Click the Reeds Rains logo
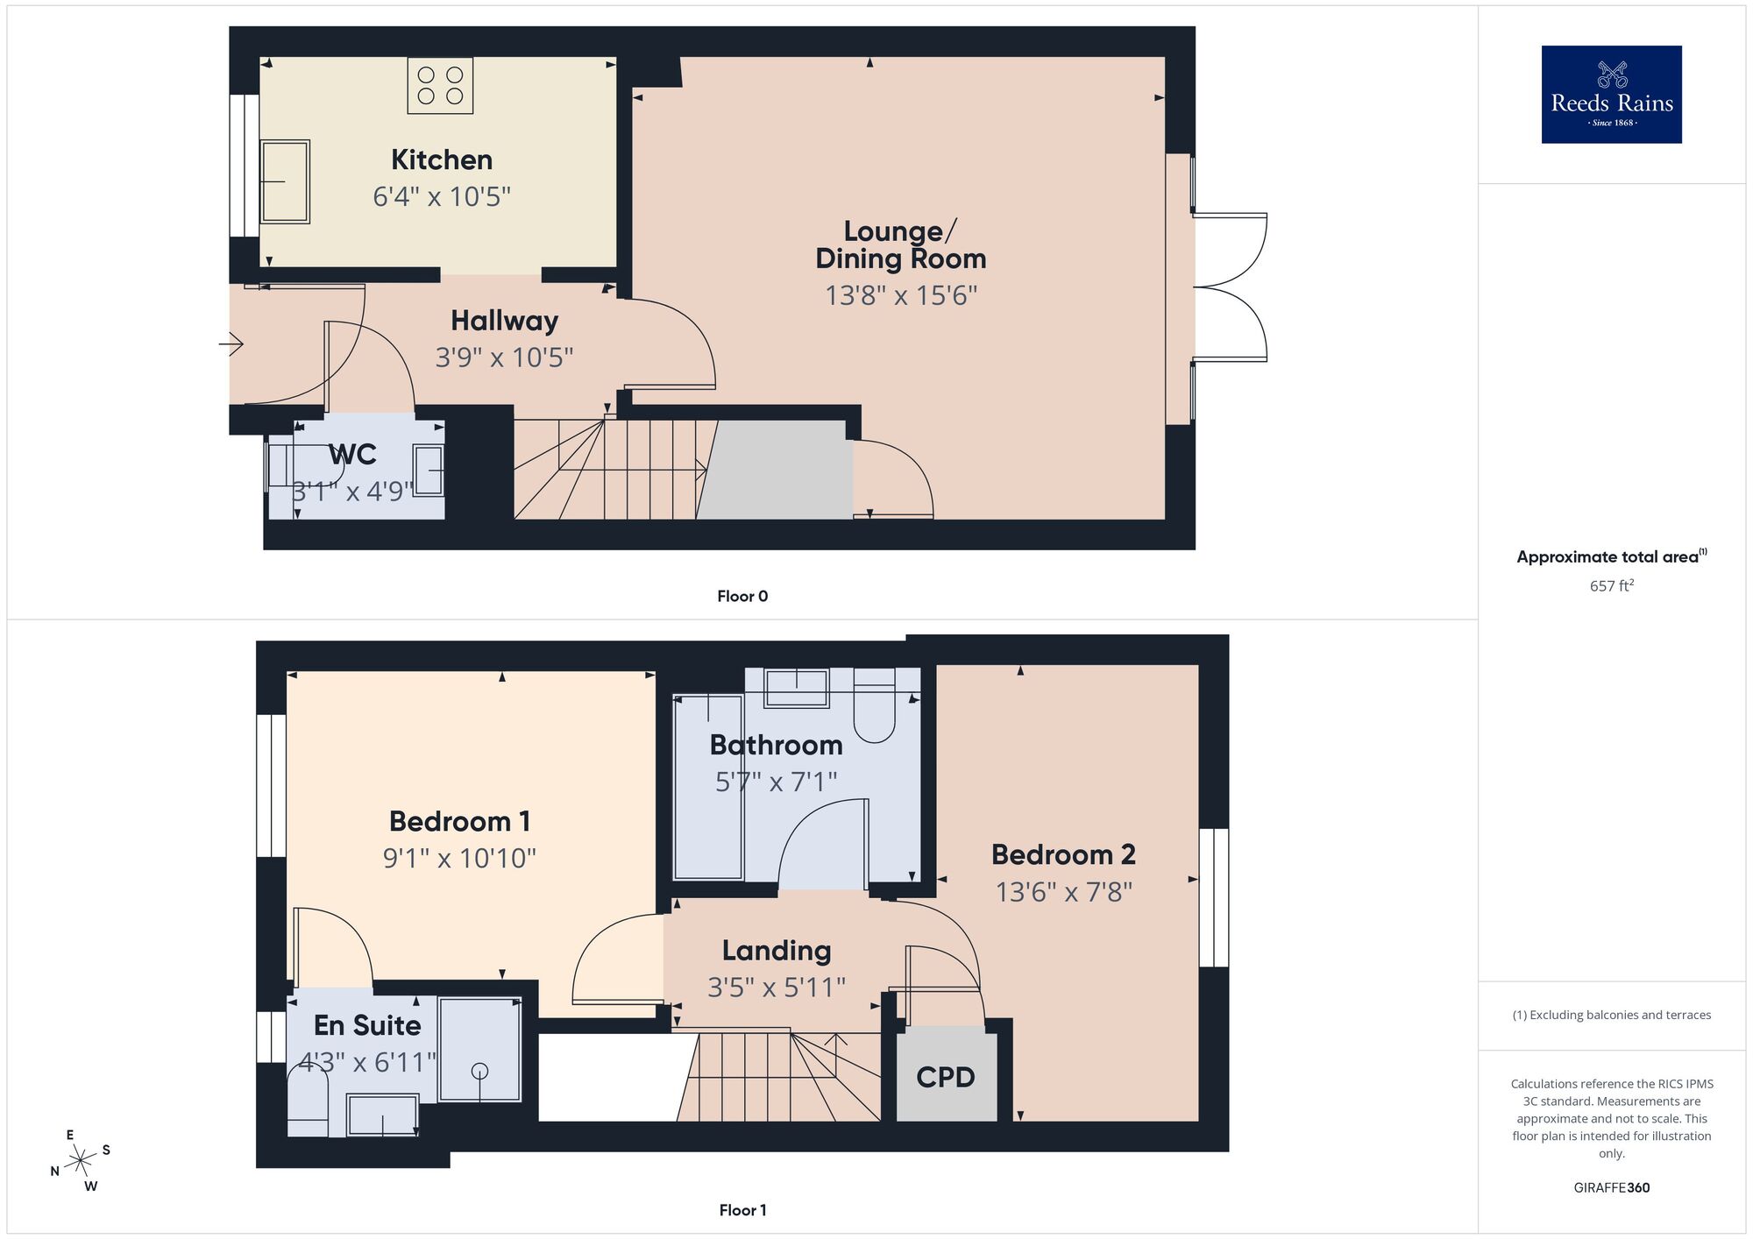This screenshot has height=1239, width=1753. click(1611, 94)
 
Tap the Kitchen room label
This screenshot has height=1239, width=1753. click(442, 159)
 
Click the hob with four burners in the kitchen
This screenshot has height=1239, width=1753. click(440, 85)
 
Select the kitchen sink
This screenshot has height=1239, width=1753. click(286, 181)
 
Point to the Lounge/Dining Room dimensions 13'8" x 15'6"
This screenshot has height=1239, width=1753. click(901, 295)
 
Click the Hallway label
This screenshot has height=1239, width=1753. click(504, 321)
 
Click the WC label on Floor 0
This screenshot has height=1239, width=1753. click(352, 455)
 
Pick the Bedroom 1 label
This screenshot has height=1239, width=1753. click(459, 821)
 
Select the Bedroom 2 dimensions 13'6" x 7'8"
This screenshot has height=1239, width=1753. click(1063, 892)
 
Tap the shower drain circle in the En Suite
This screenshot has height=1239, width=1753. click(479, 1071)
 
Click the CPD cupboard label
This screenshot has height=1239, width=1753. click(945, 1077)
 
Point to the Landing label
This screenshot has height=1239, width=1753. click(777, 950)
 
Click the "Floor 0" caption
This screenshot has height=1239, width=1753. click(742, 597)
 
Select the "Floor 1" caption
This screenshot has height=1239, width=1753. click(742, 1210)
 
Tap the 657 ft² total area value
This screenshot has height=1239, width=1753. click(1611, 585)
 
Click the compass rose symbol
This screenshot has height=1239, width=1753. click(81, 1161)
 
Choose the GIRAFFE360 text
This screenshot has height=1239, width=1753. click(1611, 1188)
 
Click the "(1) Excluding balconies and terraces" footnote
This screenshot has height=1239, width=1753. click(1611, 1015)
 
